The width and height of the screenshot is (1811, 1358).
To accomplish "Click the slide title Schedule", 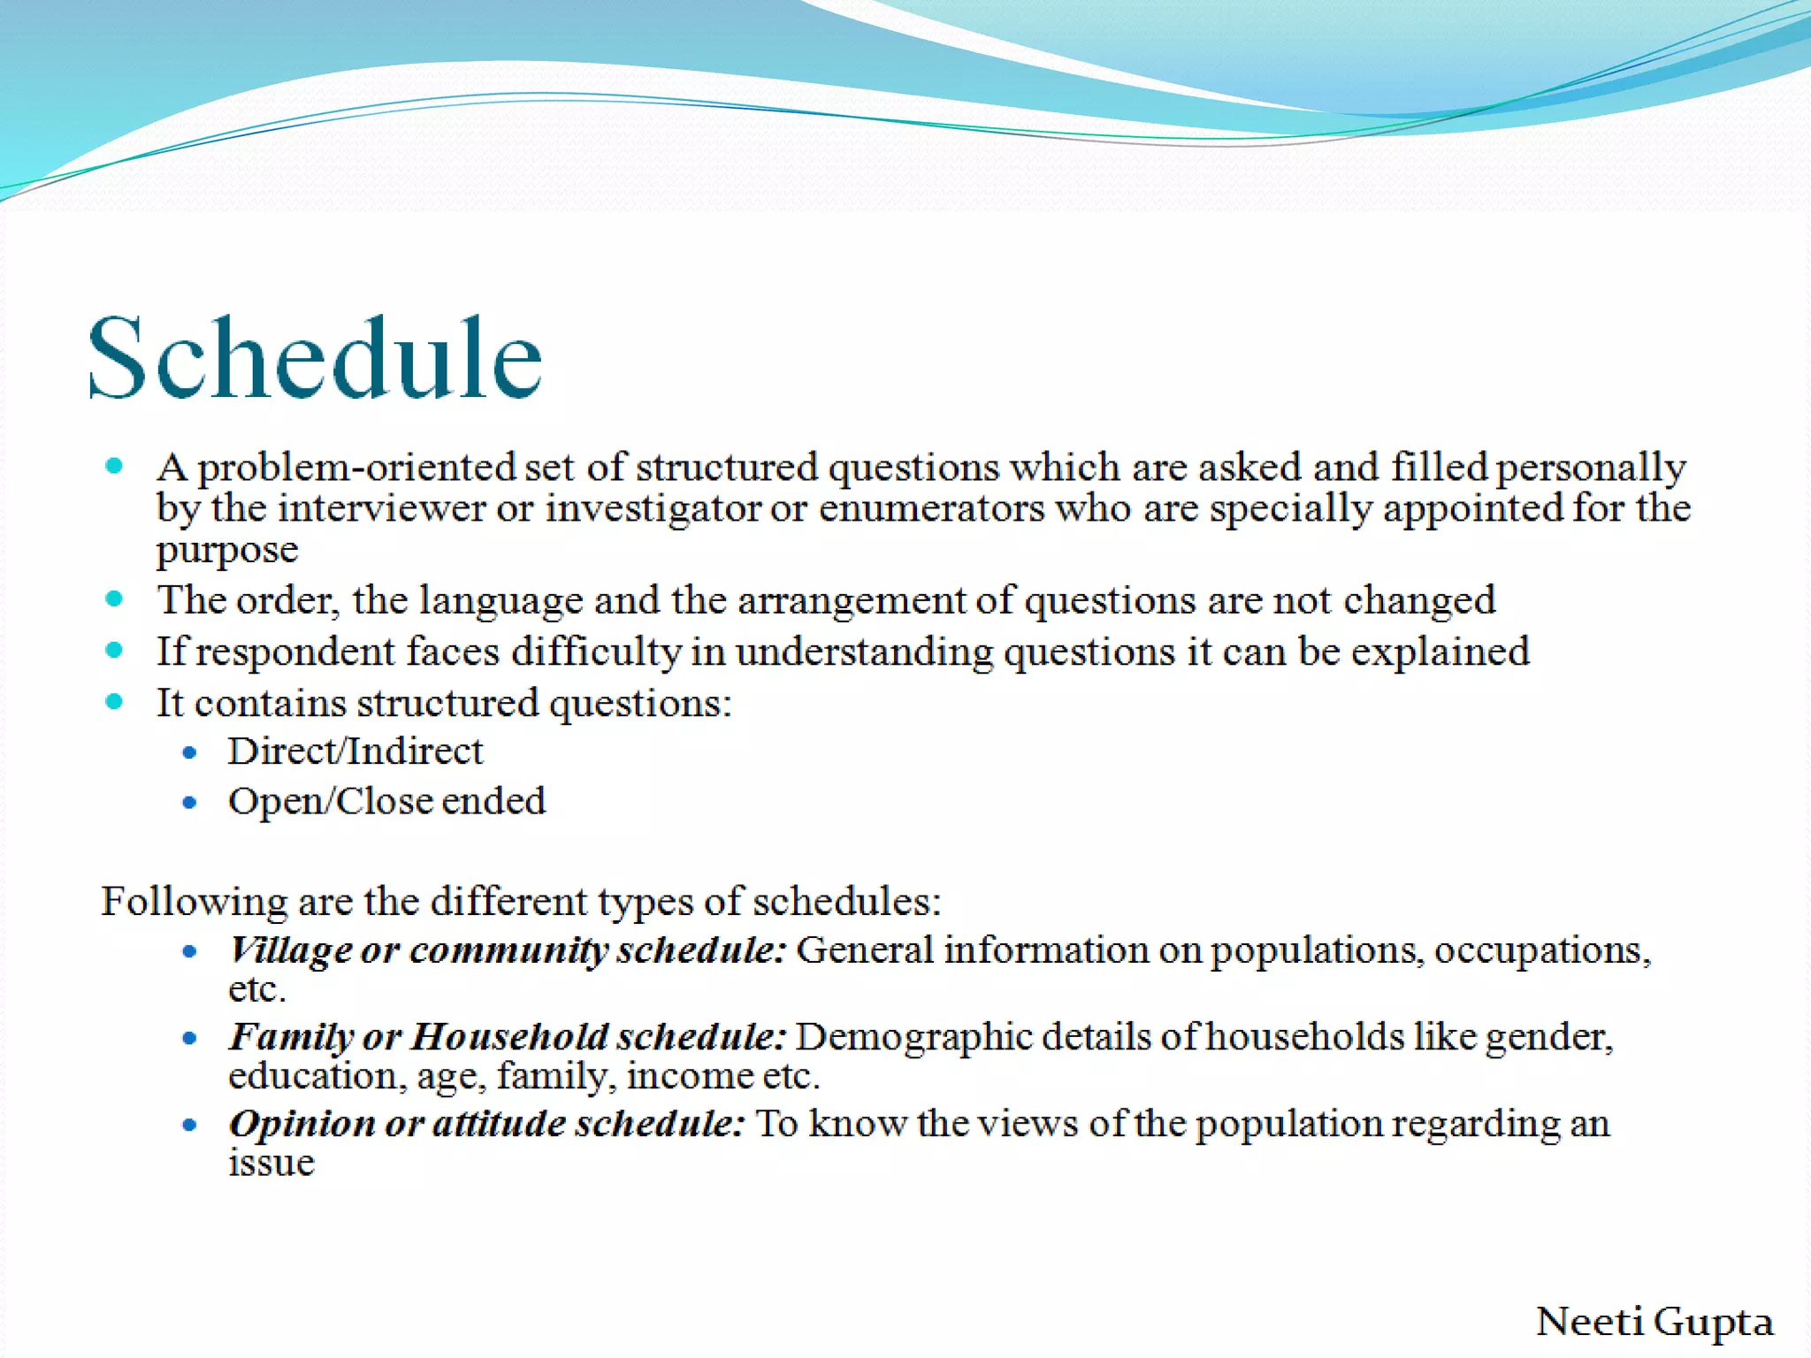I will pos(315,358).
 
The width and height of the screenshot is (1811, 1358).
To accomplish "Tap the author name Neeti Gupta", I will pos(1654,1322).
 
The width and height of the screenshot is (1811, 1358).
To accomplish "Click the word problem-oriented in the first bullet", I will pos(356,468).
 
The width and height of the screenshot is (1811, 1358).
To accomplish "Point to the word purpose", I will pos(227,550).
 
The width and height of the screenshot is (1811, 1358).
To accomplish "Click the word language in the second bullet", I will pos(501,600).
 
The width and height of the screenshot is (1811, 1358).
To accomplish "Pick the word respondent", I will pos(295,652).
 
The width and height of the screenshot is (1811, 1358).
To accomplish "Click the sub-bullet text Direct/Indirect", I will pos(355,751).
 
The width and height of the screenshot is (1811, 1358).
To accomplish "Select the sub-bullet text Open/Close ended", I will pos(386,801).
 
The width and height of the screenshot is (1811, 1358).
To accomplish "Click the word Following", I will pos(194,902).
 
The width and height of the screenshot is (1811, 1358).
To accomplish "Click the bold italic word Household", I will pos(509,1037).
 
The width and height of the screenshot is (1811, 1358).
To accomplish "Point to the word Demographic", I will pos(913,1037).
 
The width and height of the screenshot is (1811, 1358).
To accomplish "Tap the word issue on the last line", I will pos(271,1163).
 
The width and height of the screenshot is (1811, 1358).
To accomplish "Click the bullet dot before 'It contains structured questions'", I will pos(114,702).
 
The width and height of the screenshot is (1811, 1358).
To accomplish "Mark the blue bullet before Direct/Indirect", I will pos(189,753).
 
